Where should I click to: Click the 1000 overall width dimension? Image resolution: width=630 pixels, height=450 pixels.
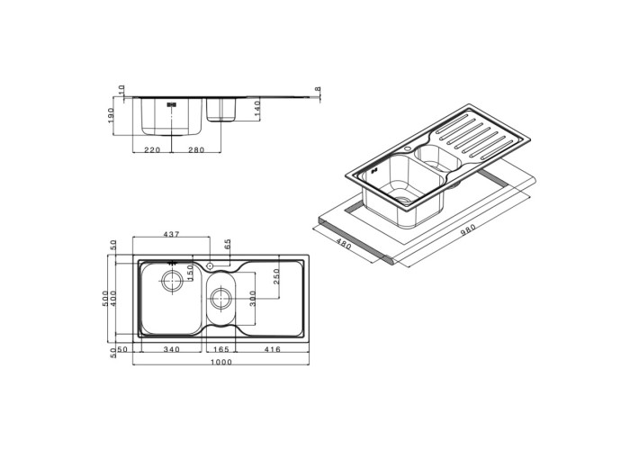click(221, 362)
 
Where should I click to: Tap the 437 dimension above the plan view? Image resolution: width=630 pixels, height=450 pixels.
click(171, 234)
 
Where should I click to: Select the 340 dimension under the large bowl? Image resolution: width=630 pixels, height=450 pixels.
click(172, 349)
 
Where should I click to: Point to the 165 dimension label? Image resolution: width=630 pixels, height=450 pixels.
click(221, 349)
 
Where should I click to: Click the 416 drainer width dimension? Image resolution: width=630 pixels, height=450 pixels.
click(273, 349)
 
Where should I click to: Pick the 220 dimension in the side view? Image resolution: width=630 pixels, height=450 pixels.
click(152, 150)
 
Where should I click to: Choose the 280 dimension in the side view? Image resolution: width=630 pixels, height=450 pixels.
click(196, 150)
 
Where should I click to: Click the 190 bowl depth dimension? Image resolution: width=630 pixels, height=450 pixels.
click(112, 116)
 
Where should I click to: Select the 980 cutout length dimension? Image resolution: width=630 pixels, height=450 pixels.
click(467, 232)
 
